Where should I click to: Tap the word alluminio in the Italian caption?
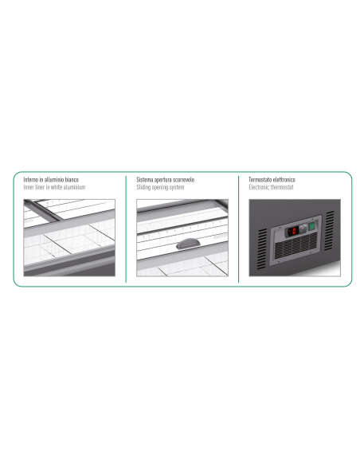tap(53, 180)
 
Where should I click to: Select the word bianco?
tap(72, 180)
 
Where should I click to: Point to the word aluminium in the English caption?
tap(74, 187)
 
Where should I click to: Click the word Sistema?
tap(144, 180)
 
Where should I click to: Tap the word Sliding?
tap(143, 187)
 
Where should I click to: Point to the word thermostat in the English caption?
tap(282, 187)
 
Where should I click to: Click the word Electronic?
tap(259, 187)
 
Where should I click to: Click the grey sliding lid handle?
tap(188, 244)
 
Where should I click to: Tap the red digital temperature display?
tap(292, 232)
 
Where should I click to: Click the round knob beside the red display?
tap(303, 229)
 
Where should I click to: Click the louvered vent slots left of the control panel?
tap(261, 248)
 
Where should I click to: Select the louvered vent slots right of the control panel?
tap(329, 230)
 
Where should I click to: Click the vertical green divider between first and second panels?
tap(126, 229)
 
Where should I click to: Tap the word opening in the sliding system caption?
tap(160, 187)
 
